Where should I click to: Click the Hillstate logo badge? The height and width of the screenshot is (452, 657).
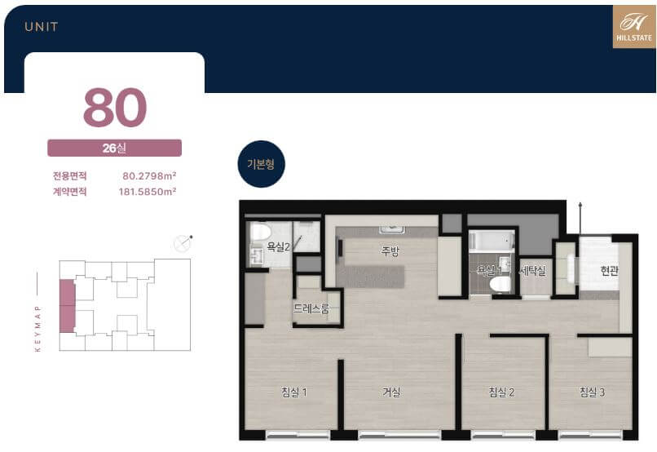coord(634,26)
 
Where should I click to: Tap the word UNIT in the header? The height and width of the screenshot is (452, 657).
coord(42,27)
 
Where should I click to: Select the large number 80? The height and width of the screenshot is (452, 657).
coord(115,108)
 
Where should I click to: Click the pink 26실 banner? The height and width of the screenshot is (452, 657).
coord(114,148)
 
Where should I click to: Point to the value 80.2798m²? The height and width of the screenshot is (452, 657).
coord(149,175)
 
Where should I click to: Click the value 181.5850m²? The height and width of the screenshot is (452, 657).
coord(147,192)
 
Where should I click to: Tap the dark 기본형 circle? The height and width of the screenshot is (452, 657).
coord(261,164)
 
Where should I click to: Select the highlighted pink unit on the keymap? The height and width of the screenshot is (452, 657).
coord(67,306)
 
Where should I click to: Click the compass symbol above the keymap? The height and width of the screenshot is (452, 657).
coord(183,244)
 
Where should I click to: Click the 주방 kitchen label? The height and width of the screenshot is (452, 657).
coord(390,251)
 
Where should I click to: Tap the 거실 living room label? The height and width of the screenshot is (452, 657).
coord(391,392)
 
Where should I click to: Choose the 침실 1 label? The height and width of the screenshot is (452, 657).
coord(294,392)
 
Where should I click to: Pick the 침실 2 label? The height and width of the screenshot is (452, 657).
coord(501,392)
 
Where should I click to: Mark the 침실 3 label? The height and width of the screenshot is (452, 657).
coord(592,392)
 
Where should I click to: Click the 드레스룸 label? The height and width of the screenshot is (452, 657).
coord(311,309)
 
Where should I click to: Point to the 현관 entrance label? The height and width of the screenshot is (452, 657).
coord(609,271)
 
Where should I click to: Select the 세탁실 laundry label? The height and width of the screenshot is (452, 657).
coord(532,271)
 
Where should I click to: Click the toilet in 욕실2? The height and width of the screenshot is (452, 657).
coord(260,232)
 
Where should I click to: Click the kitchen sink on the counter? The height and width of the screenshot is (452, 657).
coord(392,229)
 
